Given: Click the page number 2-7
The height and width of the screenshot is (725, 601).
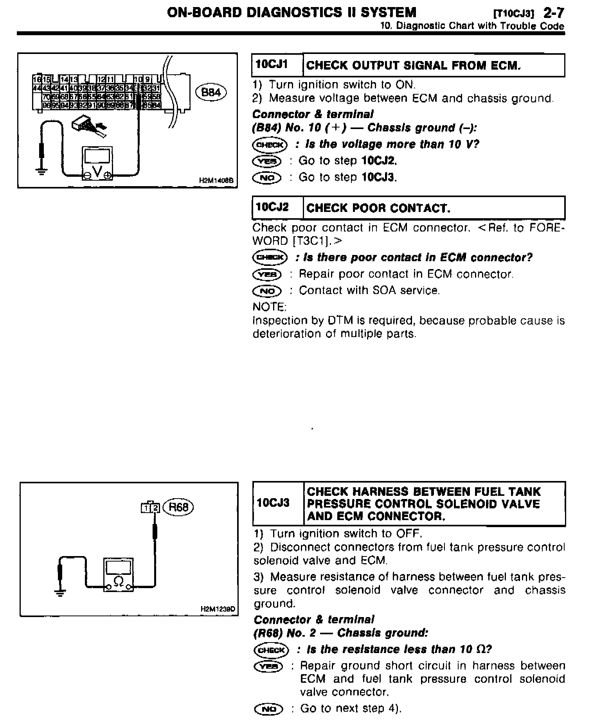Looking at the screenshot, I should click(x=554, y=13).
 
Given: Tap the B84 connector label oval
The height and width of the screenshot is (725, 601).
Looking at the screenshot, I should click(x=211, y=92).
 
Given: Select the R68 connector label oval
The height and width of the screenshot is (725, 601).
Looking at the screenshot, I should click(x=178, y=507).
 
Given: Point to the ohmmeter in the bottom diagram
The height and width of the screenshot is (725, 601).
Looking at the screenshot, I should click(x=118, y=574).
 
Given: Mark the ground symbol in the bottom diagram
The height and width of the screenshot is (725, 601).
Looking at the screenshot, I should click(x=59, y=594).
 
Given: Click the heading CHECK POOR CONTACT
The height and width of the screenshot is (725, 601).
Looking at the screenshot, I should click(x=378, y=208).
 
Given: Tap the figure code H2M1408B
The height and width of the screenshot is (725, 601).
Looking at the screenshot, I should click(x=216, y=181).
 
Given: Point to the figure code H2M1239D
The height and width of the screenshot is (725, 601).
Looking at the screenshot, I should click(x=217, y=609).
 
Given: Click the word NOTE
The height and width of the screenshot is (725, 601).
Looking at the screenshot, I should click(x=269, y=306).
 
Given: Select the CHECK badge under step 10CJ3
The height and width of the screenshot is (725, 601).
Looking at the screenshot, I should click(x=271, y=650).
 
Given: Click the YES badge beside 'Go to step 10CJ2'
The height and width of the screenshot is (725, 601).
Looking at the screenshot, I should click(x=267, y=161).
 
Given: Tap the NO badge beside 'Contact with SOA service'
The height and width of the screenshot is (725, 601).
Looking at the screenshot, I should click(x=267, y=291).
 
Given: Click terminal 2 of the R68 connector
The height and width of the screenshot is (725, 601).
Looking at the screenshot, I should click(x=155, y=508).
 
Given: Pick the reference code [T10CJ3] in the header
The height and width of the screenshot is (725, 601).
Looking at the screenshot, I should click(x=514, y=14).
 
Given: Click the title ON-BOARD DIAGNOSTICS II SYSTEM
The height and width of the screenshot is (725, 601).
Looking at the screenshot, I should click(x=292, y=13).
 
